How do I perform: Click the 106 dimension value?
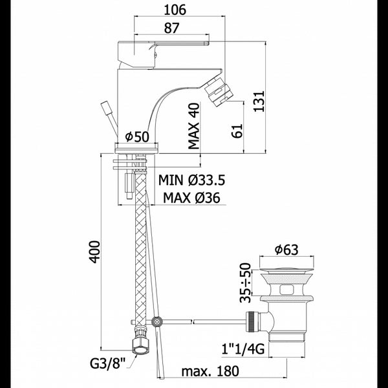(x=175, y=10)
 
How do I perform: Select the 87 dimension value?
(x=171, y=28)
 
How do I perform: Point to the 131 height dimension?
(x=259, y=102)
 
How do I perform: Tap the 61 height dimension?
(x=237, y=131)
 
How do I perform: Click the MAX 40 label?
(x=194, y=126)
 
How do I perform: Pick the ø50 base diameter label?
(x=137, y=136)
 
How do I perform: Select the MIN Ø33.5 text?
(x=192, y=180)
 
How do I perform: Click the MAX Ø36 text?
(x=191, y=198)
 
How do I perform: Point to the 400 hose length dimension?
(x=95, y=252)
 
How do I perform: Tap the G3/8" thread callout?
(x=108, y=363)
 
